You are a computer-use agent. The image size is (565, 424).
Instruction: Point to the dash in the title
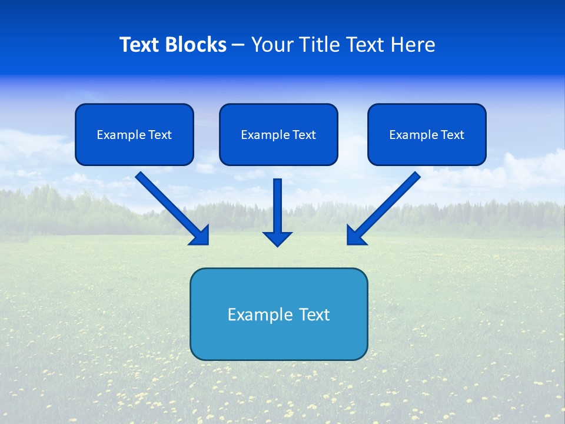(x=239, y=45)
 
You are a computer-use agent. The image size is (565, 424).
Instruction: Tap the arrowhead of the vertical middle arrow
(x=277, y=238)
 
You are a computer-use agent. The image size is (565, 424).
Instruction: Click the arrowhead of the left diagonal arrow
(x=201, y=236)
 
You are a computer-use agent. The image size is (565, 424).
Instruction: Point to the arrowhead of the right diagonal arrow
(x=355, y=236)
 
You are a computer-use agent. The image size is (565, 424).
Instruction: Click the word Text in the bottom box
(x=315, y=314)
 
